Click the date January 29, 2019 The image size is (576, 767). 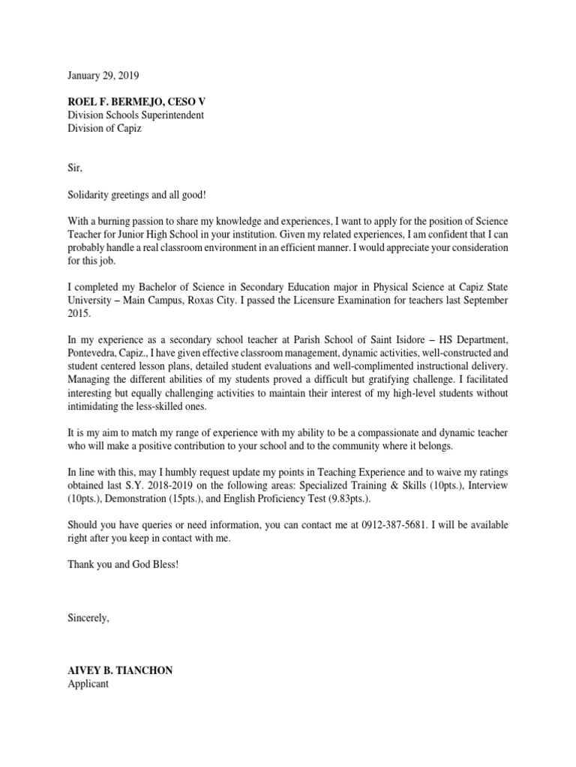(103, 76)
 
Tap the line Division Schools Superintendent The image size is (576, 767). (136, 115)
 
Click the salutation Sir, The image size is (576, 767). (74, 169)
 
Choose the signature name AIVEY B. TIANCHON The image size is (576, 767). (120, 670)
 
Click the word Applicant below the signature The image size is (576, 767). (88, 684)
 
